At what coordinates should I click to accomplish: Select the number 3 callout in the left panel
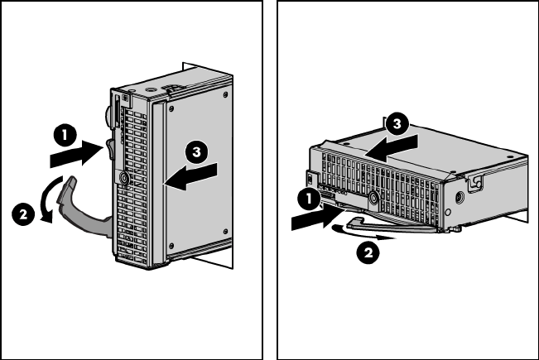[x=195, y=152]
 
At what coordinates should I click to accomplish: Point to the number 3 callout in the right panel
[x=397, y=125]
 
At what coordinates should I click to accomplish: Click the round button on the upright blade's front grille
[x=123, y=177]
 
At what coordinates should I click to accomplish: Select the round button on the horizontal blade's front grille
[x=374, y=197]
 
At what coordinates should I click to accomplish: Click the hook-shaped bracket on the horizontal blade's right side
[x=476, y=179]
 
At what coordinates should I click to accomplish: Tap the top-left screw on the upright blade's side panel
[x=171, y=108]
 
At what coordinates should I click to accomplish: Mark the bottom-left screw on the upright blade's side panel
[x=171, y=246]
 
